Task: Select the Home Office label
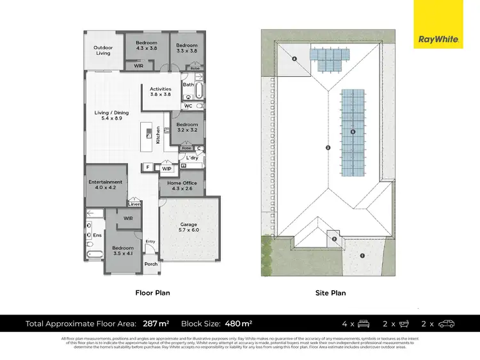pos(181,185)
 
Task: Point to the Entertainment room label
pos(105,185)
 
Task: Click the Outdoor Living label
pos(103,50)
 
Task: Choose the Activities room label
pos(161,91)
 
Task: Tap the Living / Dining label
pos(108,115)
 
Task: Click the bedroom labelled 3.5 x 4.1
pos(122,250)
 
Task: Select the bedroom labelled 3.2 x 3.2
pos(187,127)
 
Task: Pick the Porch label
pos(151,264)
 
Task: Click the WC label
pos(188,106)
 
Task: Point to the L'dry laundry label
pos(192,157)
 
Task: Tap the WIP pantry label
pos(166,169)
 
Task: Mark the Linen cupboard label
pos(134,205)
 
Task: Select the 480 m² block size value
pos(238,324)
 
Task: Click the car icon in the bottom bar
pos(445,324)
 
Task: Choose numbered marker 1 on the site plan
pos(362,256)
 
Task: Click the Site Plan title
pos(330,293)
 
